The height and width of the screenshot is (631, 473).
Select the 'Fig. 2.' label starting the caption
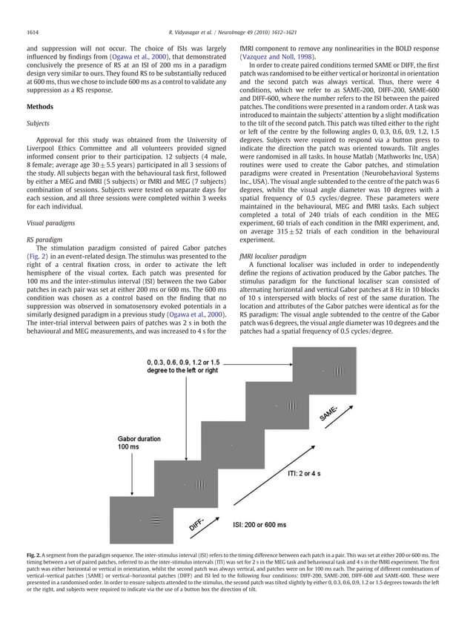[x=33, y=576]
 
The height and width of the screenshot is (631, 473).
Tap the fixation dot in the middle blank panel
[x=232, y=445]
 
